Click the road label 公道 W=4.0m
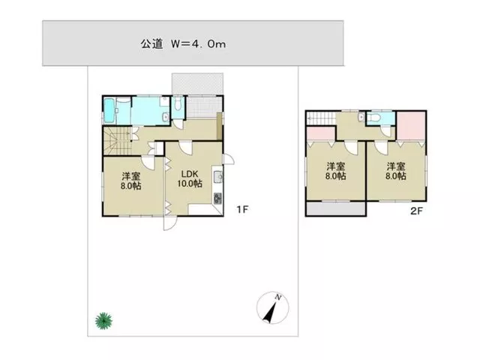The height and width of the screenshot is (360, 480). point(183,44)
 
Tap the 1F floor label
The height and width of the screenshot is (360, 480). point(242,209)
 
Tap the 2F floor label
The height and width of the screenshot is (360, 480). point(416,211)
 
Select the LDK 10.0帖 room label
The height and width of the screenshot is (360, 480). point(190,178)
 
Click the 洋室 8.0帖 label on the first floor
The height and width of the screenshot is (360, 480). point(130,181)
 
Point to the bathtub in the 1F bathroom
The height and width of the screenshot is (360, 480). point(109,110)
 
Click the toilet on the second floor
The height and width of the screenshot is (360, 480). point(374,118)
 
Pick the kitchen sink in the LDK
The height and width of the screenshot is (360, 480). point(218,177)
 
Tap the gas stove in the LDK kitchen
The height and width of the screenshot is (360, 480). point(217,198)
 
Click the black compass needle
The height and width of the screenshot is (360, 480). point(270,313)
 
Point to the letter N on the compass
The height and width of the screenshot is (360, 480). point(278,297)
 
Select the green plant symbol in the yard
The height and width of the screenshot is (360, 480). point(103,321)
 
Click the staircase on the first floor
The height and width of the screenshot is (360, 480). point(117,141)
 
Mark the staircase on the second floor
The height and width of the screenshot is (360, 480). point(322,118)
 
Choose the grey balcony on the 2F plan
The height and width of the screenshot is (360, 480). point(336,208)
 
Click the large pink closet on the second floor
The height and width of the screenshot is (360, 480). point(411,126)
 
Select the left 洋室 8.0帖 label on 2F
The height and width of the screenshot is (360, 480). point(336,171)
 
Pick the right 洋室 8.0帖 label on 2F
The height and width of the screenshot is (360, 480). point(396,171)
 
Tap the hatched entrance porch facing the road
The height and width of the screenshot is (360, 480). point(197,83)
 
